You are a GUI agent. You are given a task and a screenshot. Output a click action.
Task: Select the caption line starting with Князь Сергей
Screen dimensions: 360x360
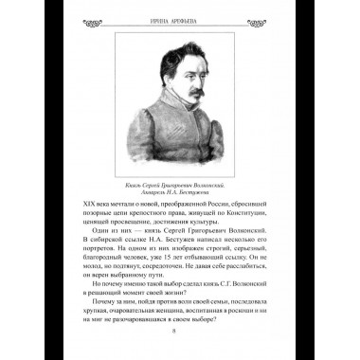[x=180, y=186]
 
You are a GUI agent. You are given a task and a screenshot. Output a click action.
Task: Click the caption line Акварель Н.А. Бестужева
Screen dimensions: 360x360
[x=180, y=196]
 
